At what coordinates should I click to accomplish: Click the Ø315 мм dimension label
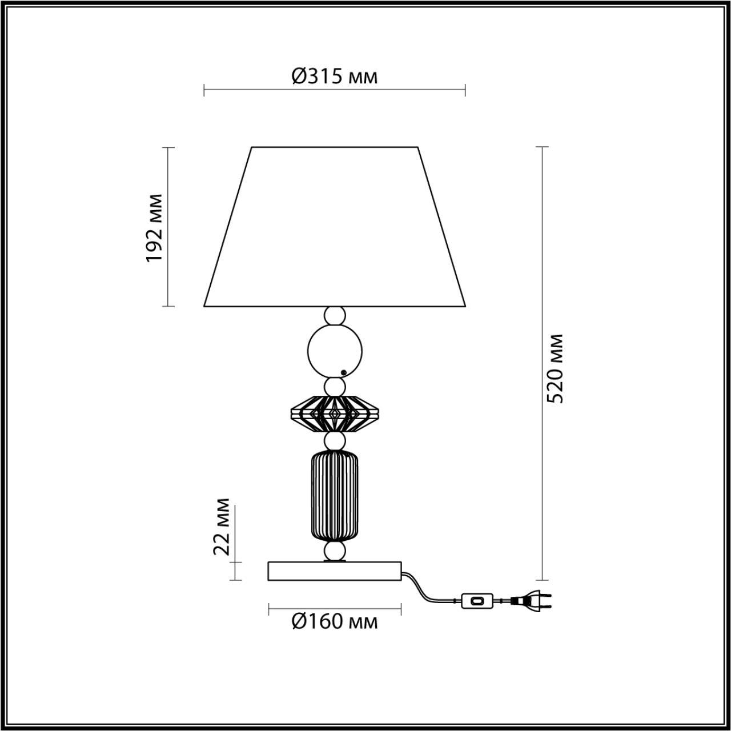[x=335, y=77]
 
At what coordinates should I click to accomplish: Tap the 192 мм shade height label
[x=155, y=228]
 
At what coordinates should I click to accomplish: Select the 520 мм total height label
[x=555, y=369]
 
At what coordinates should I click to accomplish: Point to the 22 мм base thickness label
[x=222, y=526]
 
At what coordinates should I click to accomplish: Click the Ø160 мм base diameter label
[x=335, y=621]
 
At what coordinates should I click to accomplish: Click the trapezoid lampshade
[x=335, y=228]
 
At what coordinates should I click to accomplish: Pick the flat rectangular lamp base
[x=335, y=571]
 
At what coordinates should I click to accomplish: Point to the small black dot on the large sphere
[x=343, y=372]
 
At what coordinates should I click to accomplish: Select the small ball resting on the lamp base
[x=335, y=551]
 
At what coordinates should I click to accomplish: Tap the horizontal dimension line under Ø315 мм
[x=335, y=90]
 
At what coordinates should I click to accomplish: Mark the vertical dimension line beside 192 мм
[x=168, y=228]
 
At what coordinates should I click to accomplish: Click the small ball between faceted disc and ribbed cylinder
[x=335, y=441]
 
